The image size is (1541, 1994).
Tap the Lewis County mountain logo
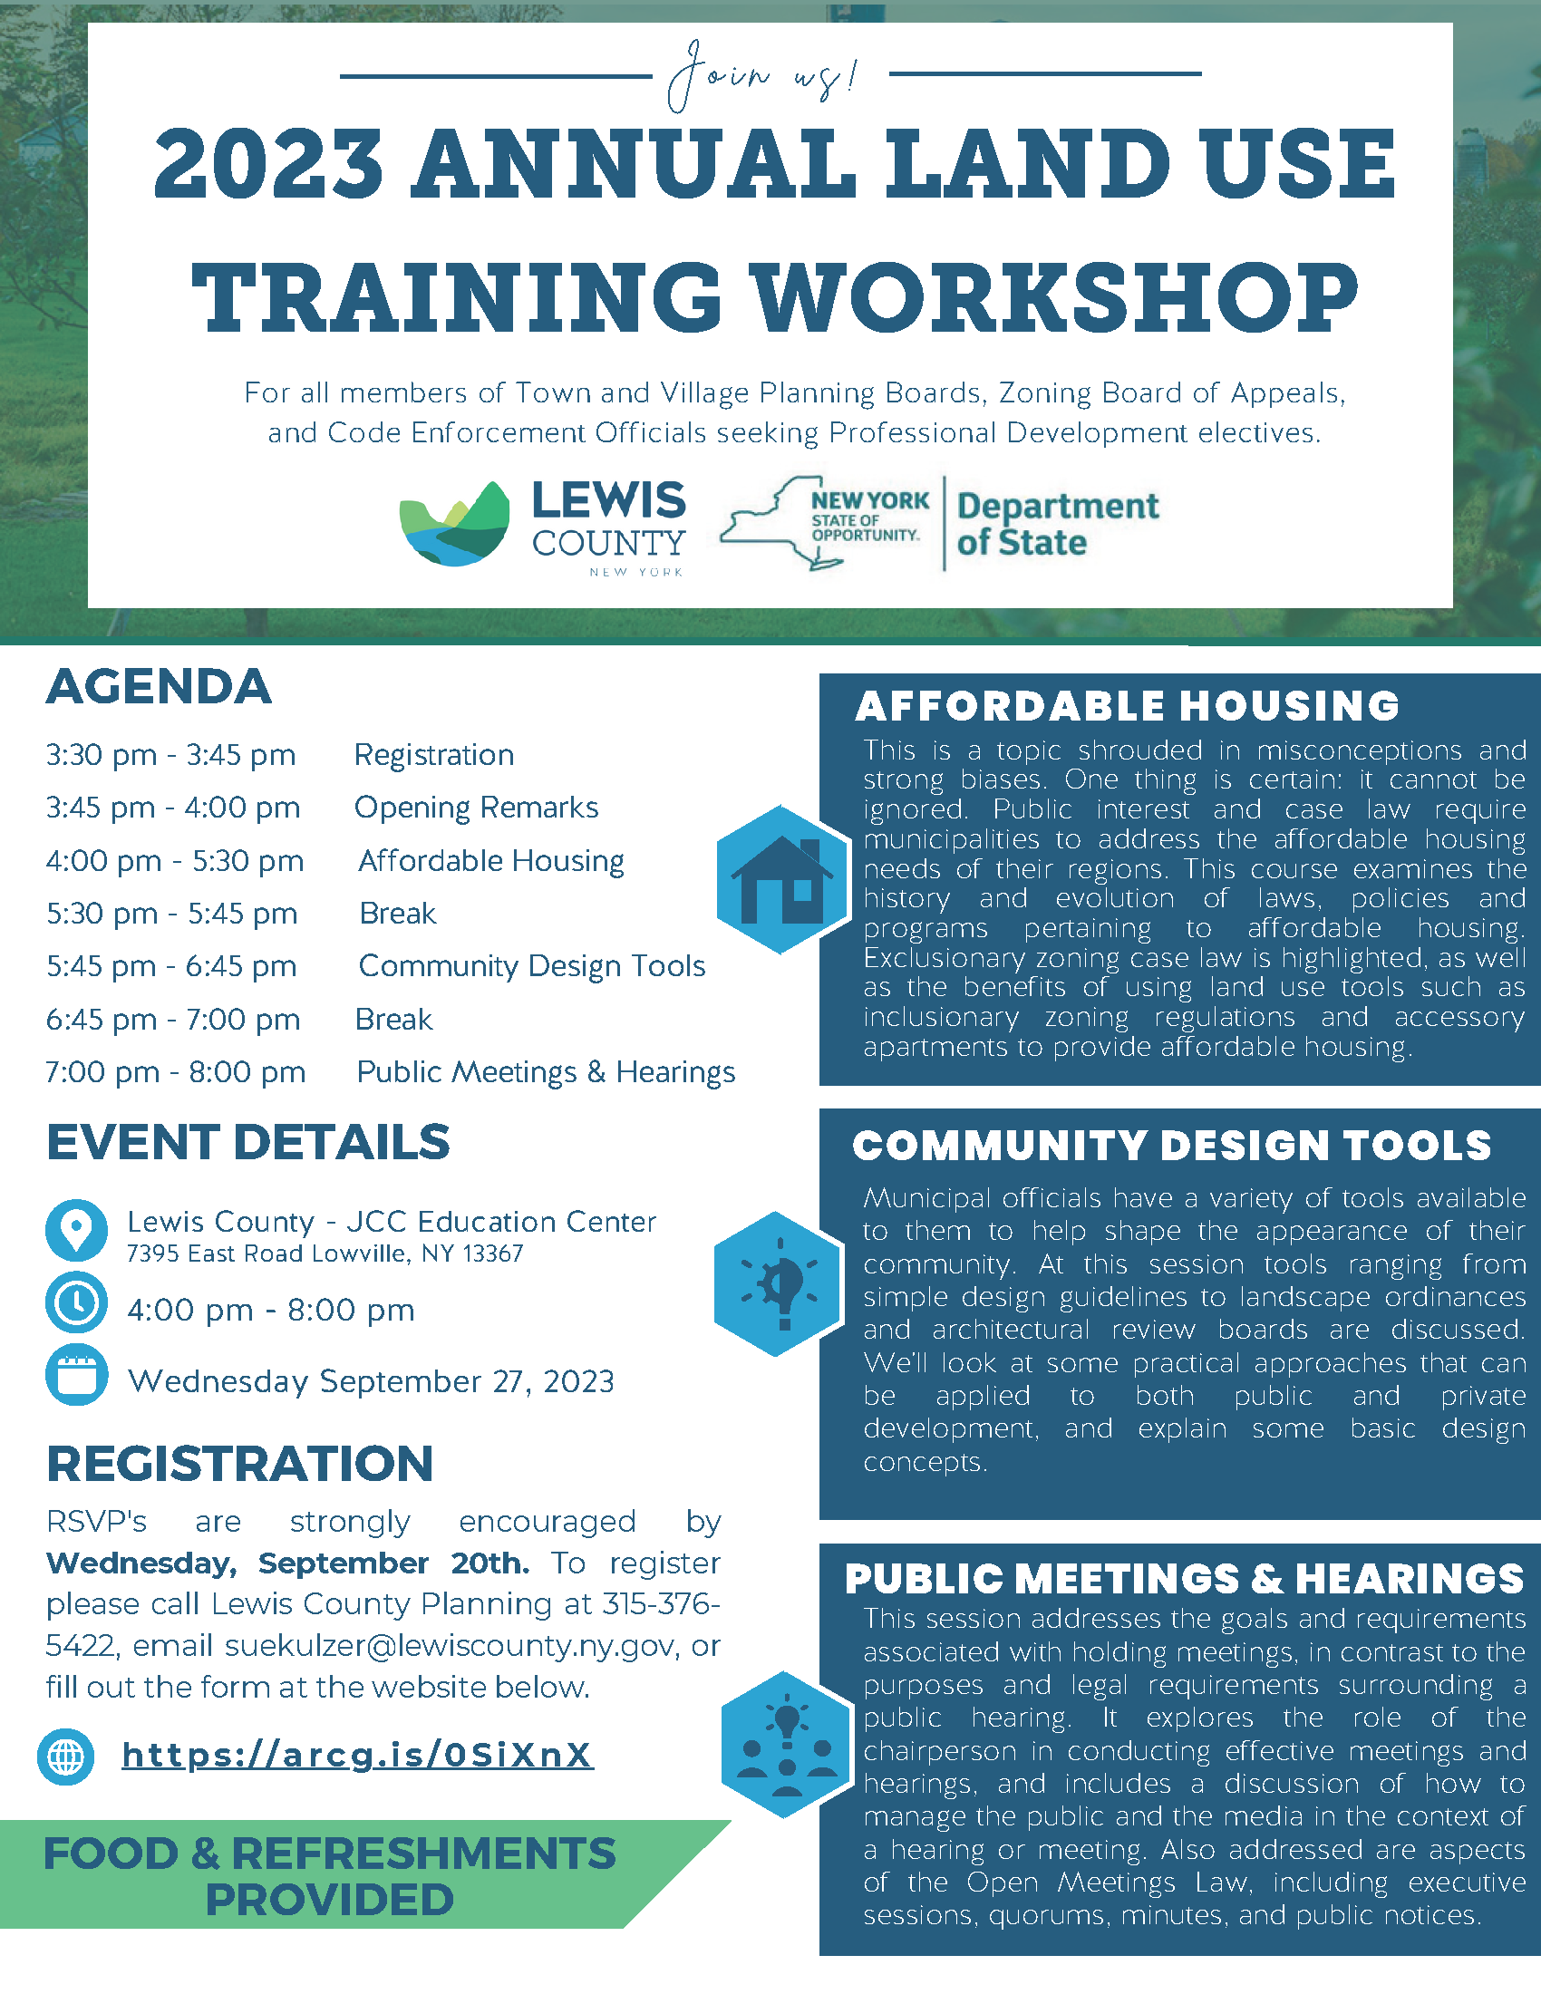[455, 523]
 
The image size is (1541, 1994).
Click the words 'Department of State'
[1057, 523]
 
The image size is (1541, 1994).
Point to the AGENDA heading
[159, 686]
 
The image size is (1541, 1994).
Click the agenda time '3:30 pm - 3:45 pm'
[170, 755]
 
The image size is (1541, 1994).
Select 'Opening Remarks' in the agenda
[477, 808]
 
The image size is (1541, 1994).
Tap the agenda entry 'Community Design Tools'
[532, 966]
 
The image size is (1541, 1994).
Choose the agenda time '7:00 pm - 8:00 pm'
[175, 1072]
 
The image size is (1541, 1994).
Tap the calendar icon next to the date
[77, 1375]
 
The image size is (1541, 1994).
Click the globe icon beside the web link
[66, 1756]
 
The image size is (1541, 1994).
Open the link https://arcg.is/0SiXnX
[358, 1755]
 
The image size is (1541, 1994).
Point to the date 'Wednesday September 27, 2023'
[371, 1381]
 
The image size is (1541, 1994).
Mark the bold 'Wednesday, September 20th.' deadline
[287, 1563]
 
